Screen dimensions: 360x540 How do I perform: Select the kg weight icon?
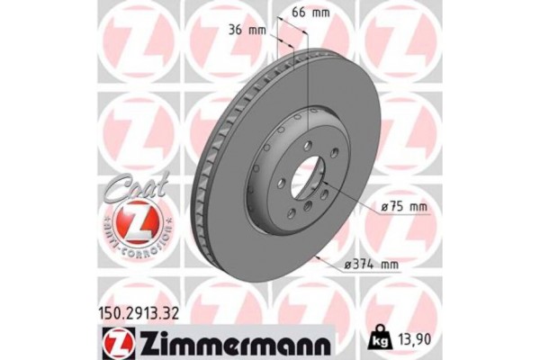click(379, 339)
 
